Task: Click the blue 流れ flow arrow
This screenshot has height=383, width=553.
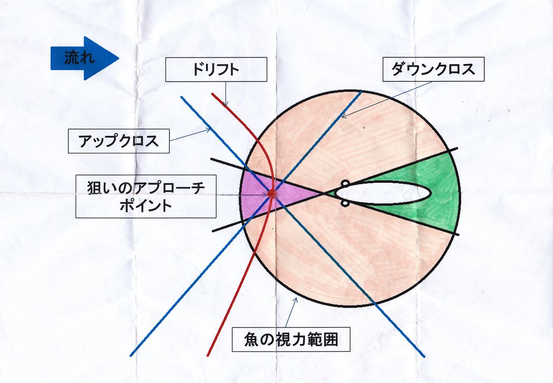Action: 85,58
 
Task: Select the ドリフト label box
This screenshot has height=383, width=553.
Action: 216,70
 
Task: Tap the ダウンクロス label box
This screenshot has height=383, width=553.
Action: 433,69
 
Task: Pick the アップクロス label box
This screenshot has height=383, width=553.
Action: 118,141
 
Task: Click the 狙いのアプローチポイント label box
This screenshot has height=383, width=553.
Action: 146,196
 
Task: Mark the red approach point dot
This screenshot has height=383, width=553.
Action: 271,194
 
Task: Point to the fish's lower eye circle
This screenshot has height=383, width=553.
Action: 345,203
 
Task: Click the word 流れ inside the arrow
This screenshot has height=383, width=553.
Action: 79,58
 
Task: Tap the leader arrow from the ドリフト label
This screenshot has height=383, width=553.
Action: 226,93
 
